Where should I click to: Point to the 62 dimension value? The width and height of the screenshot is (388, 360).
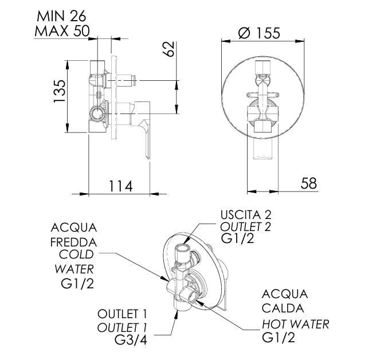click(x=168, y=50)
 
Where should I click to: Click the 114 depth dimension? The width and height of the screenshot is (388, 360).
click(x=120, y=186)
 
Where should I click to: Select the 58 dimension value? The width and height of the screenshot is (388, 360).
click(x=308, y=183)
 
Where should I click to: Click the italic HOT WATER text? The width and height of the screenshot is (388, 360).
click(x=296, y=324)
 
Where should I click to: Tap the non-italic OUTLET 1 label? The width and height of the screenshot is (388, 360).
click(x=122, y=314)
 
